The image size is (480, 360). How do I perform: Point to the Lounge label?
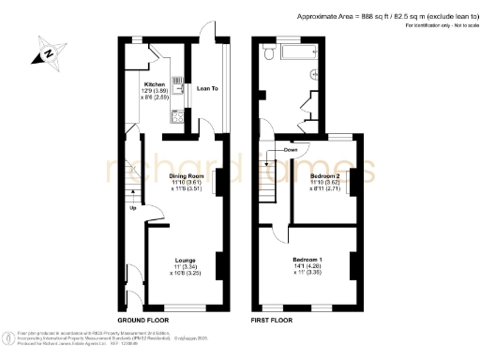click(x=186, y=260)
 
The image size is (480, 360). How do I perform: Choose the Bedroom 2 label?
click(x=324, y=175)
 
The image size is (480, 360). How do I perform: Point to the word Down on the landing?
click(x=290, y=150)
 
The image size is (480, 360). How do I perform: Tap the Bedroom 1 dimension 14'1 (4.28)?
click(x=307, y=267)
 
